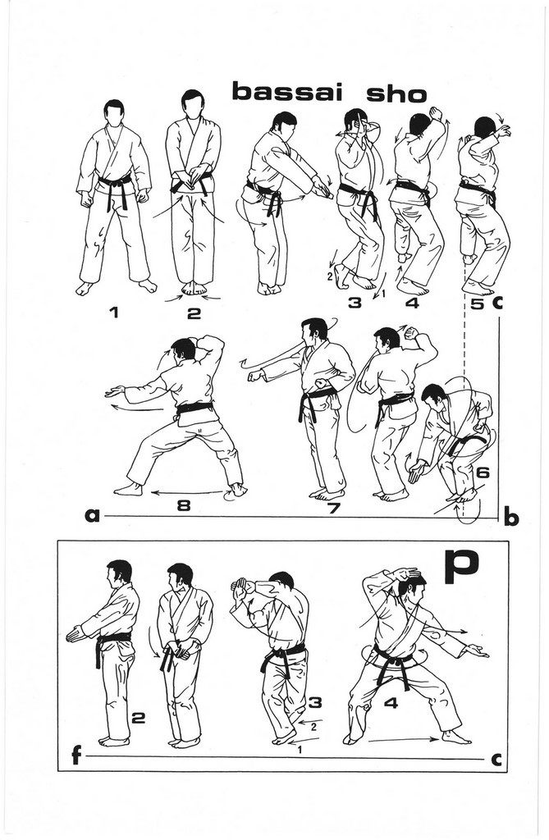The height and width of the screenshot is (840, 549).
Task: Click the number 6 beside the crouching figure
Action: point(483,473)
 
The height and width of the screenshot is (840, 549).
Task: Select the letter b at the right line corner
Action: point(510,518)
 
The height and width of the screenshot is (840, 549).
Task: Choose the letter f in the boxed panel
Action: point(76,756)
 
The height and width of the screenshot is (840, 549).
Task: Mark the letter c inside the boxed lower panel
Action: point(496,760)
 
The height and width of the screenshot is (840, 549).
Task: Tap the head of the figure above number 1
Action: point(114,112)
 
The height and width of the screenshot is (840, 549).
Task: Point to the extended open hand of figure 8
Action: point(113,391)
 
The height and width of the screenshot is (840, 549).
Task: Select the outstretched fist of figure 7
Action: point(255,375)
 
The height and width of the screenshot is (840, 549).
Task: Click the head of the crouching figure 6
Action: point(433,397)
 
